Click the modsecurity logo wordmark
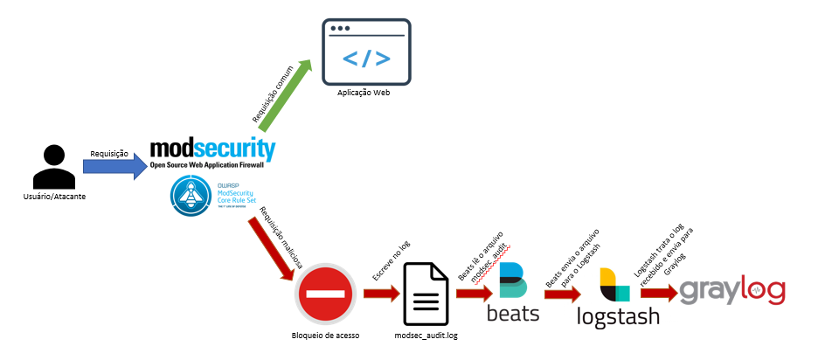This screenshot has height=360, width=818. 213,149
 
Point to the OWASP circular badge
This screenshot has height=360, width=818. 188,197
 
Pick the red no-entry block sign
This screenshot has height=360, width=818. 324,294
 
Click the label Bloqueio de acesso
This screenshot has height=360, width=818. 325,336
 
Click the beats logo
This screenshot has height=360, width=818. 514,292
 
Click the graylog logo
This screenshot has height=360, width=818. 732,292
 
